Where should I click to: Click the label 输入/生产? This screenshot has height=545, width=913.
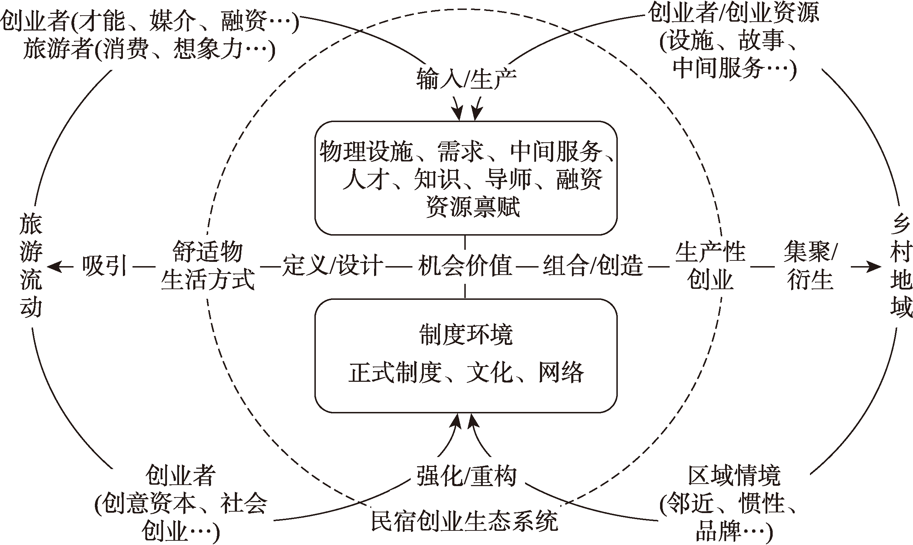466,79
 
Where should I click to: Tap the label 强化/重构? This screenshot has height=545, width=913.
466,476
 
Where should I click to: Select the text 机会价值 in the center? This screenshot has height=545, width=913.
465,265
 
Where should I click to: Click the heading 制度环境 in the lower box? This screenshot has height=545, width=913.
466,335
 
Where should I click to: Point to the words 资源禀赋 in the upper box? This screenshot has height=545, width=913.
473,207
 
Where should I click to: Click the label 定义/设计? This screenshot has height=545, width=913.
333,265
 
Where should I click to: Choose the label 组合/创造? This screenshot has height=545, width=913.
593,265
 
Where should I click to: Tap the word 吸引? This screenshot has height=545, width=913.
104,265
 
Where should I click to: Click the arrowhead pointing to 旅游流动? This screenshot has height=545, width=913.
53,266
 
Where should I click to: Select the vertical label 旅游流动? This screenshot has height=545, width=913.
31,265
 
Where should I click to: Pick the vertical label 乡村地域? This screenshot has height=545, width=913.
901,265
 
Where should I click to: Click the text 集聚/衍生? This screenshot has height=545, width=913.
810,265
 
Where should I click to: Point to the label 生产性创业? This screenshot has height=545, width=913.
710,265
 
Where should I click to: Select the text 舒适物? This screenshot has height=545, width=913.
208,252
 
